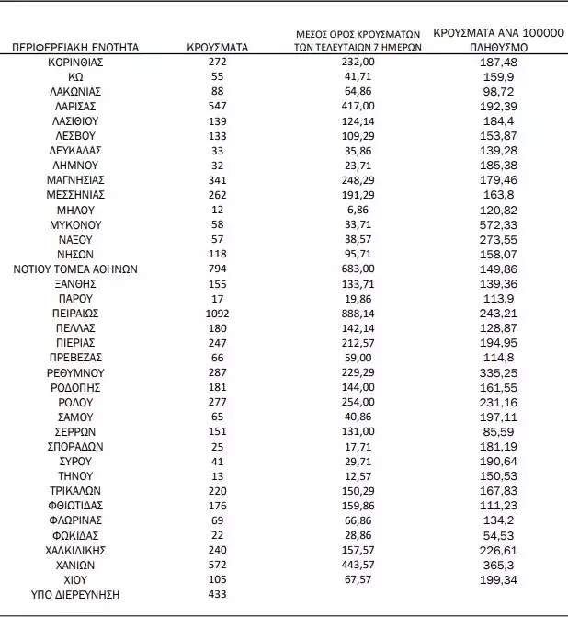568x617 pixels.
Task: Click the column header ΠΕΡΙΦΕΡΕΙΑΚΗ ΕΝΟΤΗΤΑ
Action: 76,46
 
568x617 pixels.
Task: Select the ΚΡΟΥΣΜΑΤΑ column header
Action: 217,46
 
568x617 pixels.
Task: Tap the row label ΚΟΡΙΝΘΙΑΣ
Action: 76,62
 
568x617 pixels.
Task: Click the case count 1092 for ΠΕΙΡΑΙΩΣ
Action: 217,314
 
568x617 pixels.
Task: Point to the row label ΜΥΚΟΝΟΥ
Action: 76,224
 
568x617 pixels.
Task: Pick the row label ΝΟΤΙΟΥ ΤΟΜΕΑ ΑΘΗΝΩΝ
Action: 76,269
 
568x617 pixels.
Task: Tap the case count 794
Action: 217,269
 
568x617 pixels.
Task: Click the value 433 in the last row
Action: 217,595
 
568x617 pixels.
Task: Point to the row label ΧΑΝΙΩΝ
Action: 76,565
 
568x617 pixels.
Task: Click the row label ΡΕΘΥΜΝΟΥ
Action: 76,372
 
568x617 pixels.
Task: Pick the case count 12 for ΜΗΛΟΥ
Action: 217,210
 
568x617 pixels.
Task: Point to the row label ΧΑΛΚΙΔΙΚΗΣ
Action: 76,550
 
